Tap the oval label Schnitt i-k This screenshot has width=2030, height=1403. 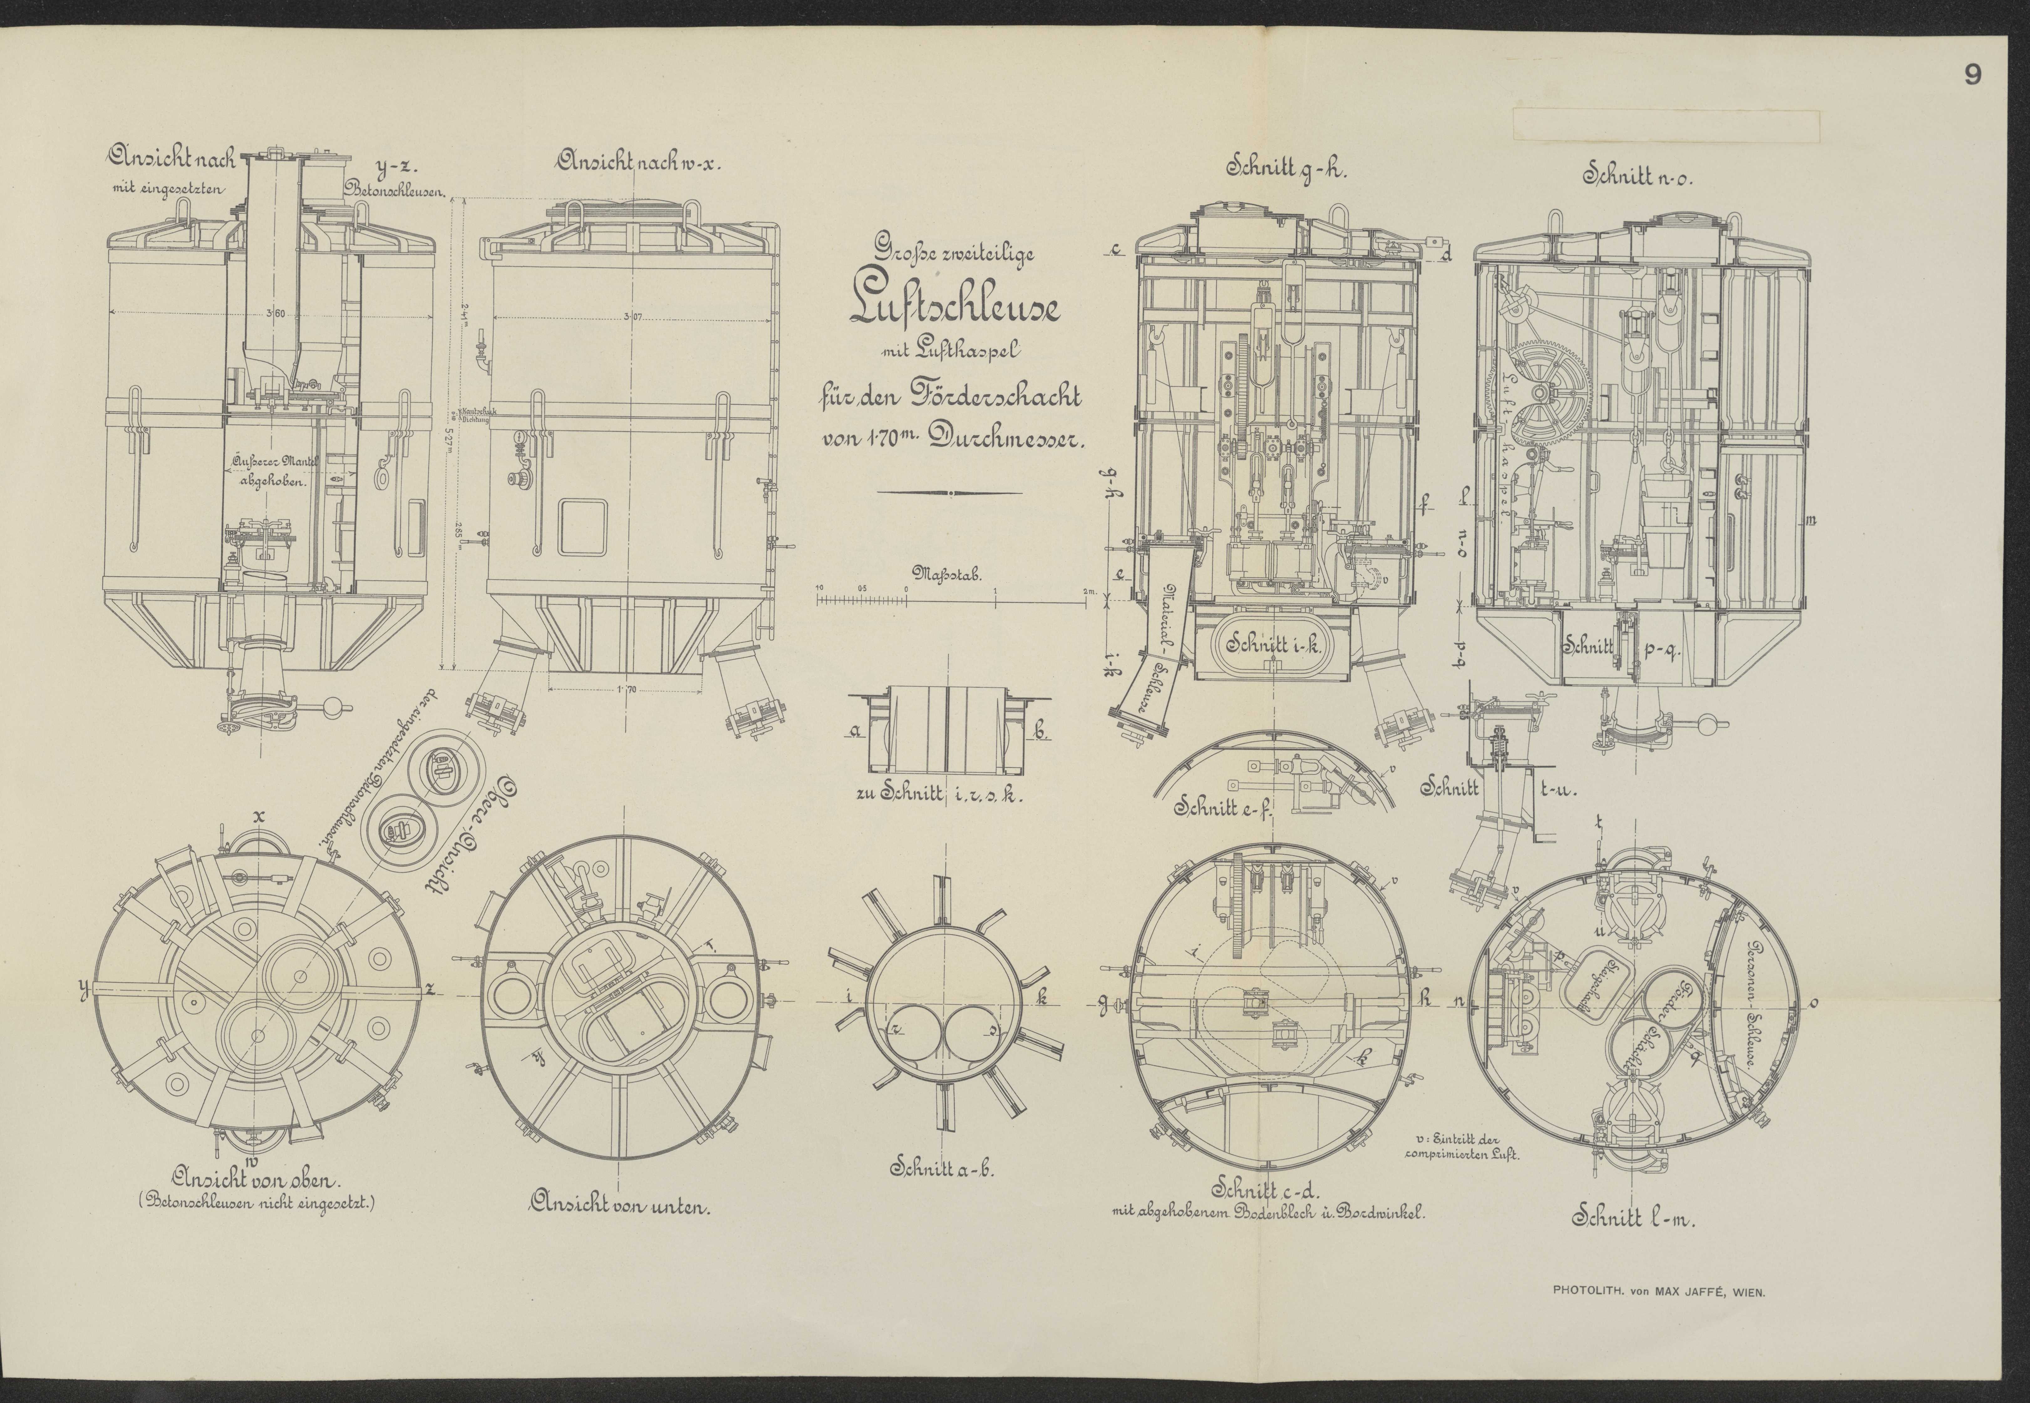tap(1273, 645)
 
